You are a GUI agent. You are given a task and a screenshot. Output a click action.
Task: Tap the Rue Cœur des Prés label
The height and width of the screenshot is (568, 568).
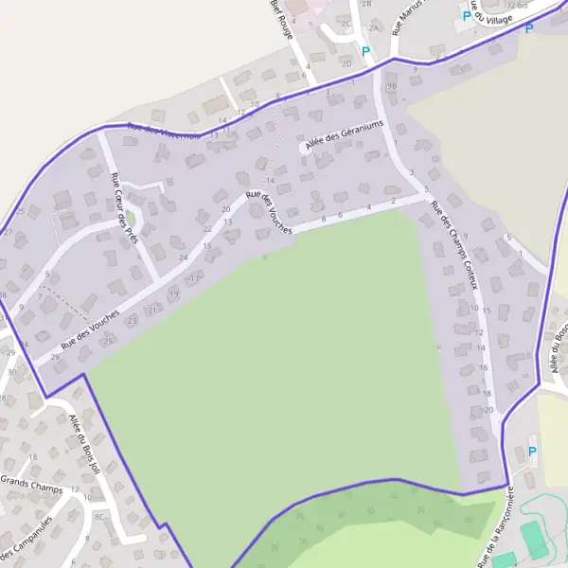click(124, 208)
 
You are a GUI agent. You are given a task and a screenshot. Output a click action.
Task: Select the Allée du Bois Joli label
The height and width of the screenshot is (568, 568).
click(83, 441)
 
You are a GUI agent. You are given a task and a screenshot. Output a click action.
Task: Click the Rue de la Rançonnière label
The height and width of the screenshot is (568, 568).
click(495, 529)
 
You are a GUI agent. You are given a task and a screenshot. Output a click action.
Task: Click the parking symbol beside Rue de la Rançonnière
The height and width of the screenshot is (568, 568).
click(530, 452)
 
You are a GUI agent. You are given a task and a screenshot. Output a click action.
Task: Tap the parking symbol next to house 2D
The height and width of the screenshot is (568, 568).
click(365, 51)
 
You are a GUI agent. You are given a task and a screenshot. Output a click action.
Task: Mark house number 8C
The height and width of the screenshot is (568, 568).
click(99, 517)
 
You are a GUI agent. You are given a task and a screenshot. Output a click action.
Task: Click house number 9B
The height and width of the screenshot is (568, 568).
click(391, 85)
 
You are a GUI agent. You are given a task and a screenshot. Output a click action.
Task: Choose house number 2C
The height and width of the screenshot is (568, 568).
click(346, 24)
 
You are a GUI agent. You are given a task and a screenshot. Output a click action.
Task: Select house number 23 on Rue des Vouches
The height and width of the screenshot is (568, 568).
click(132, 321)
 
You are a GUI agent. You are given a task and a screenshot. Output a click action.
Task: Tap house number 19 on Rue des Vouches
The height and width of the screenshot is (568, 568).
click(174, 294)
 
